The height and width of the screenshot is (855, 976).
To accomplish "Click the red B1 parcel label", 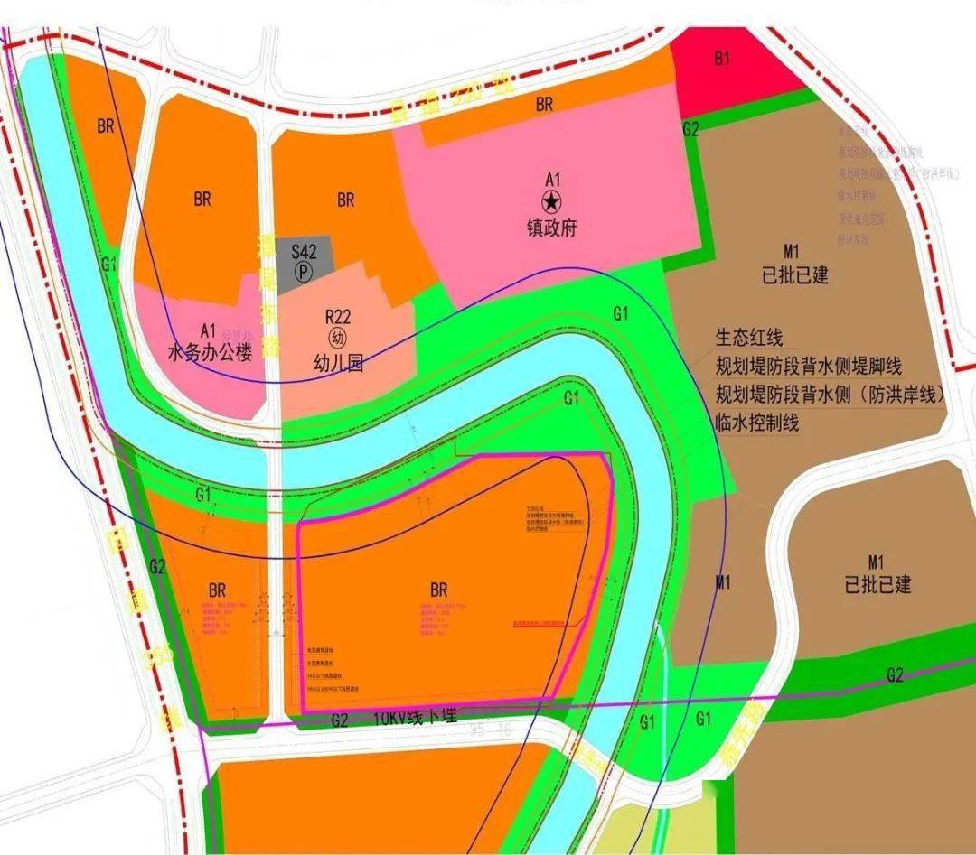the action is (721, 59).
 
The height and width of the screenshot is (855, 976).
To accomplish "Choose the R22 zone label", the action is (337, 316).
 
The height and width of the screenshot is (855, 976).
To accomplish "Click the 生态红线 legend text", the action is (747, 338).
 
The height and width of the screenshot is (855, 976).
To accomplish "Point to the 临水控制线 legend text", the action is (756, 422).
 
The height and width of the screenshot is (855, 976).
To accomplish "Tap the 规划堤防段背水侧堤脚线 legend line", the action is (808, 366).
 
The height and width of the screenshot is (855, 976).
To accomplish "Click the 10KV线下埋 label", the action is (416, 719).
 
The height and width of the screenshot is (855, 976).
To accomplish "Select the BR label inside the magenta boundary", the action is (439, 590).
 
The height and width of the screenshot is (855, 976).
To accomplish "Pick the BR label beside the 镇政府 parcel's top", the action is (544, 105).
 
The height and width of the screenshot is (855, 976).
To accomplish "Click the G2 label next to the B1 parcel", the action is (691, 129).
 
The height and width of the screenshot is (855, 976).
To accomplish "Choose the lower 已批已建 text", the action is (877, 585).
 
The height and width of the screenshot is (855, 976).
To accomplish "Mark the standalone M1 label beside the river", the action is (722, 583).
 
